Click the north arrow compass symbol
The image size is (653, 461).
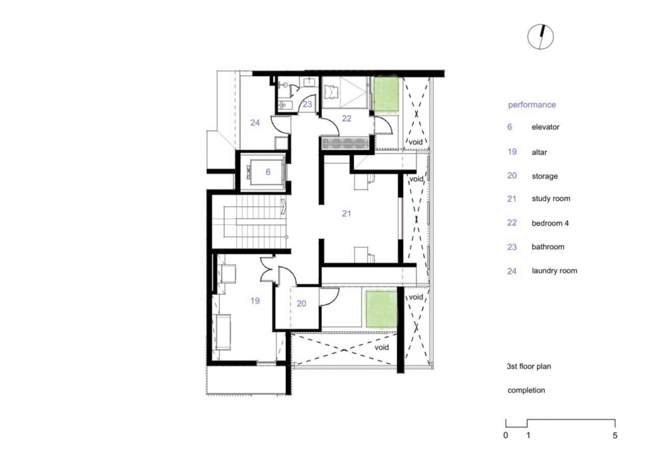pos(540,36)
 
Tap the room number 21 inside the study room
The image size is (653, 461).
pos(346,214)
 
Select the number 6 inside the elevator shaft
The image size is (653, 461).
pos(268,172)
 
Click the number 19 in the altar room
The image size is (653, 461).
pos(255,301)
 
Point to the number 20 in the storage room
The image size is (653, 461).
pos(301,304)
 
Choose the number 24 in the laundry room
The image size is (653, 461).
pos(255,122)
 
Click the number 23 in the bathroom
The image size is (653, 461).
pos(307,104)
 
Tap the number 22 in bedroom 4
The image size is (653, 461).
pos(346,118)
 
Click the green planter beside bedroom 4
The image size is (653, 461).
pos(386,95)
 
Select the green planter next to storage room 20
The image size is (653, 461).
pos(381,309)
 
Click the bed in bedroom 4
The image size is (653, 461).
pos(332,92)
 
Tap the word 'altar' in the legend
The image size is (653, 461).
pos(539,152)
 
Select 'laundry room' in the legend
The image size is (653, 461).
pos(554,271)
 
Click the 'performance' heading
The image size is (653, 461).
pos(532,105)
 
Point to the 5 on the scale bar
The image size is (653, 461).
pos(615,435)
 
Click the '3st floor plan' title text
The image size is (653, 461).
pos(529,367)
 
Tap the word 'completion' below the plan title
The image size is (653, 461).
pos(526,390)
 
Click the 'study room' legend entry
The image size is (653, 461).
pos(551,199)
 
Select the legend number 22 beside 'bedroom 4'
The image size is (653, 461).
pos(512,223)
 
